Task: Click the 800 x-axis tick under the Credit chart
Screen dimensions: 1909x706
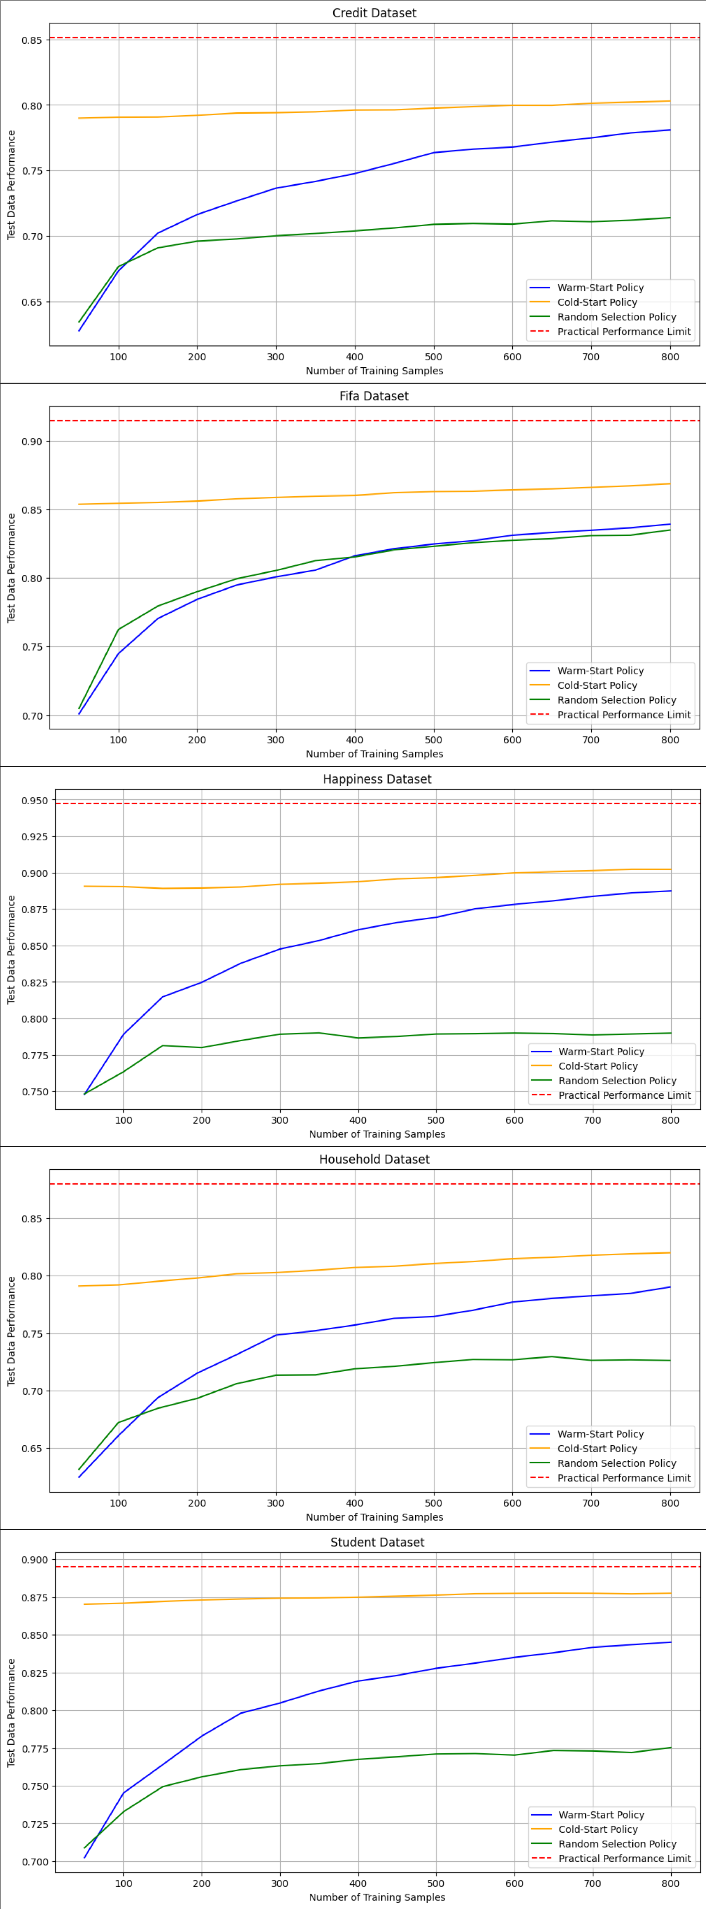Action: pos(670,356)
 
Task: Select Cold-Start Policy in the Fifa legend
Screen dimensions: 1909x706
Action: pos(597,686)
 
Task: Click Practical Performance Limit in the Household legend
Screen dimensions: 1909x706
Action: pos(624,1478)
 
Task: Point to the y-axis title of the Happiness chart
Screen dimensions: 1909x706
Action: pos(11,949)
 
